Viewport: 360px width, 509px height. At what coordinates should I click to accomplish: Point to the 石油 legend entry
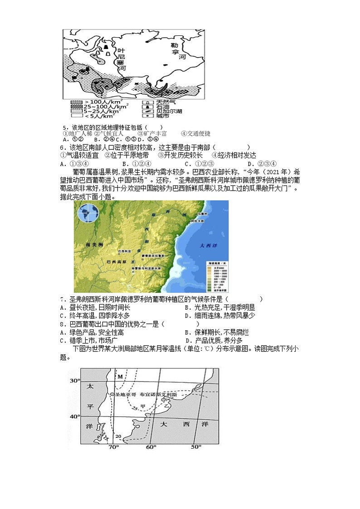156,107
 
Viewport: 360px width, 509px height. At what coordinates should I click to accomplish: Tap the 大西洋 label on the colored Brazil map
209,245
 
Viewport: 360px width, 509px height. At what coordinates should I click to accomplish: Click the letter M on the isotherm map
121,377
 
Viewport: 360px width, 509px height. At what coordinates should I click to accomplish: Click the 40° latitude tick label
74,416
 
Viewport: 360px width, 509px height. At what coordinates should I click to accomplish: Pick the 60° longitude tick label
151,447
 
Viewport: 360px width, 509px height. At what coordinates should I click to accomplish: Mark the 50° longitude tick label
195,447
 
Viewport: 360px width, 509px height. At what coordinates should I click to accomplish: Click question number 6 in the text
62,148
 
